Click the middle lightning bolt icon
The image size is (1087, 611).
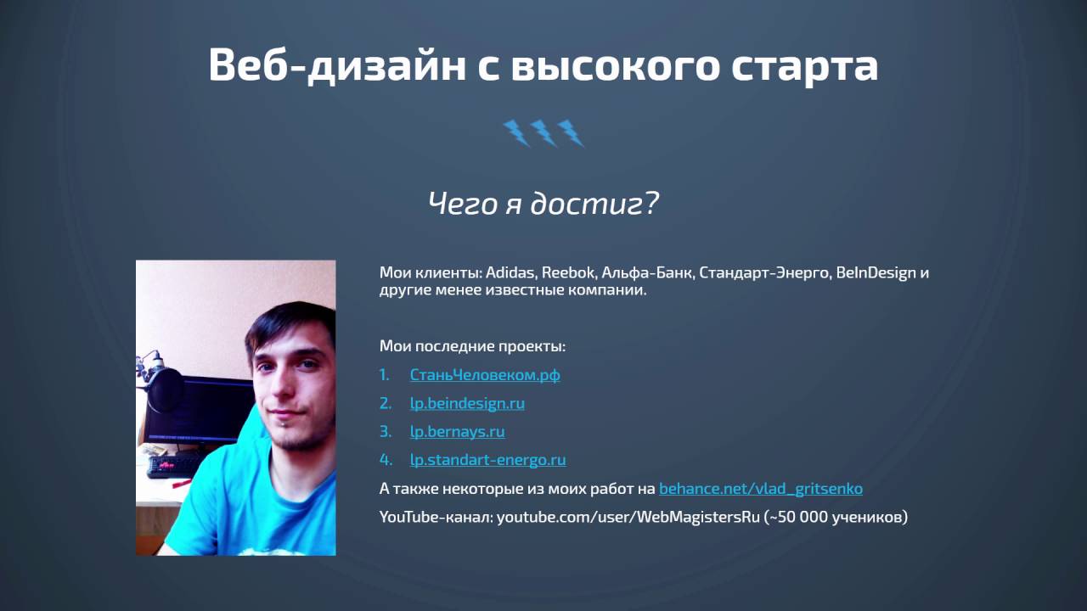tap(543, 133)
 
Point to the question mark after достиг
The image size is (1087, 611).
tap(651, 203)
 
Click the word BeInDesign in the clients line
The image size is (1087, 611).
tap(876, 272)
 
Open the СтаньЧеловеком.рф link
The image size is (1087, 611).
tap(485, 375)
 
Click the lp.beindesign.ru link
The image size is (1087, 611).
tap(467, 403)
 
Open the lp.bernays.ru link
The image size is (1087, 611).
tap(457, 432)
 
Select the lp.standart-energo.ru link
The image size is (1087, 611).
tap(487, 460)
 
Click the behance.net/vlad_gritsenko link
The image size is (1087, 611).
tap(761, 488)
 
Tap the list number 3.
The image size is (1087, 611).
tap(386, 432)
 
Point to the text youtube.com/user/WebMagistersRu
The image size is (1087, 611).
tap(628, 517)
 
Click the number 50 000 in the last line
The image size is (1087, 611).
tap(799, 517)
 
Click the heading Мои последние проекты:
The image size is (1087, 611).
tap(472, 346)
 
